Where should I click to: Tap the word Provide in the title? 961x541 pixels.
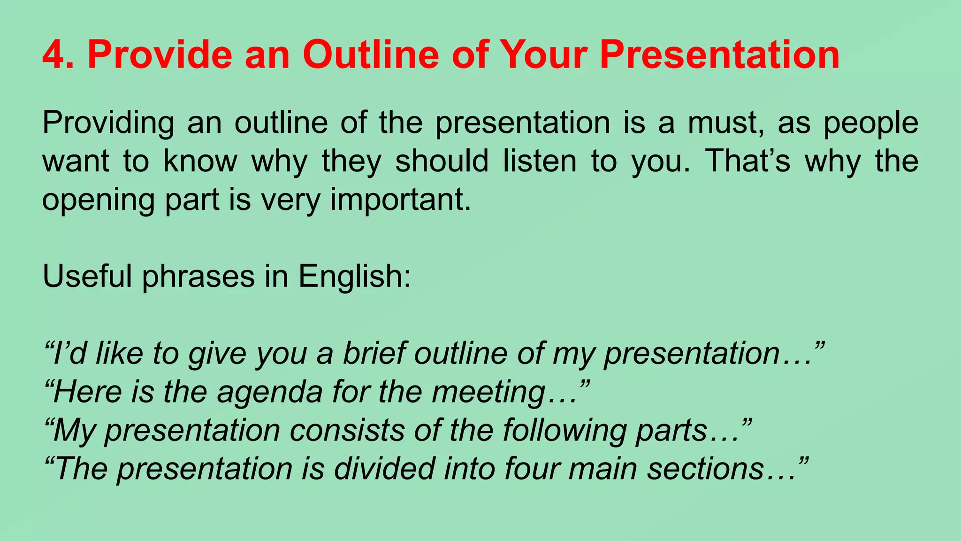(x=160, y=55)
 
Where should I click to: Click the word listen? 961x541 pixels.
(x=540, y=161)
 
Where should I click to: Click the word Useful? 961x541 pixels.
(x=87, y=276)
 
